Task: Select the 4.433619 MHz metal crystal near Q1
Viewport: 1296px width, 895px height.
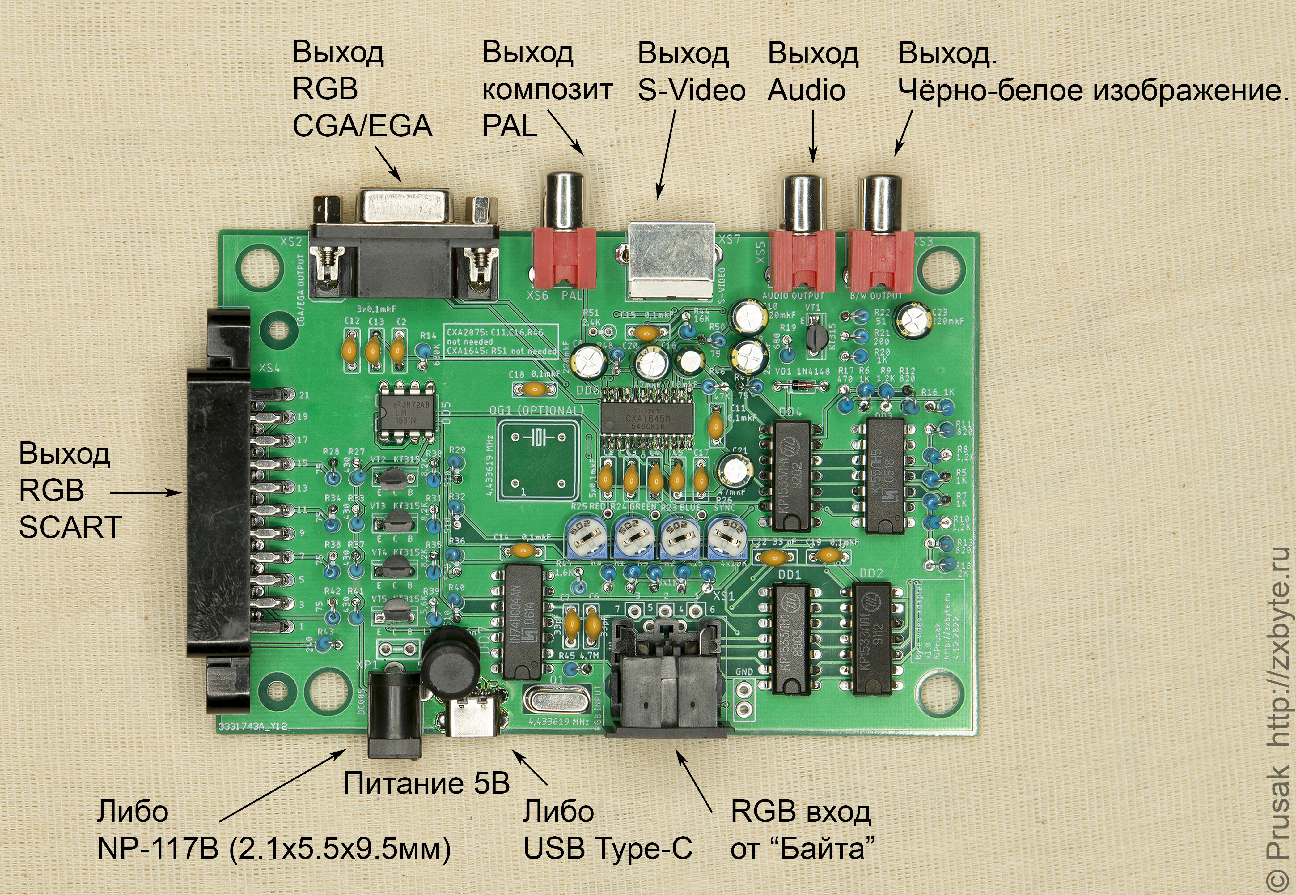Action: point(555,701)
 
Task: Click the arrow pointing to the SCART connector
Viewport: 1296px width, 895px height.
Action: point(146,493)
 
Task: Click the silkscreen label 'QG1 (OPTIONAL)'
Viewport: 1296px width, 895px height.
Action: point(536,411)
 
